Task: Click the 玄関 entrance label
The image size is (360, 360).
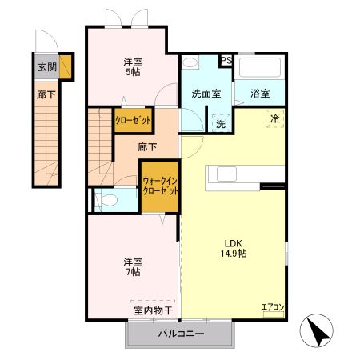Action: tap(46, 67)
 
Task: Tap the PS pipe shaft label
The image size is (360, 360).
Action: tap(226, 60)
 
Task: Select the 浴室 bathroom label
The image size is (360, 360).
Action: tap(259, 93)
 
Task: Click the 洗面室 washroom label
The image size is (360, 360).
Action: tap(206, 93)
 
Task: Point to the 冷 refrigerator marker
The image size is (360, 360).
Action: tap(274, 119)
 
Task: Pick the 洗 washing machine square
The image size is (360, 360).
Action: tap(220, 123)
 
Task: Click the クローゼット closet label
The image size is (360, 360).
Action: tap(133, 119)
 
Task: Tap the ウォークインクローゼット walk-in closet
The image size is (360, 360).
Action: tap(161, 187)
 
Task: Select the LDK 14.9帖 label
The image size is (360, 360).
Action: tap(234, 247)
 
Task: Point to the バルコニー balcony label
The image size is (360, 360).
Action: tap(181, 334)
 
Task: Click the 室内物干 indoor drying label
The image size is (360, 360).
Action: tap(147, 309)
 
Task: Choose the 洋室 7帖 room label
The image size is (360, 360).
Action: tap(131, 266)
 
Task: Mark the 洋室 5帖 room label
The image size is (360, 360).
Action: tap(133, 67)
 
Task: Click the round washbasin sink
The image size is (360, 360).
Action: tap(190, 63)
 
